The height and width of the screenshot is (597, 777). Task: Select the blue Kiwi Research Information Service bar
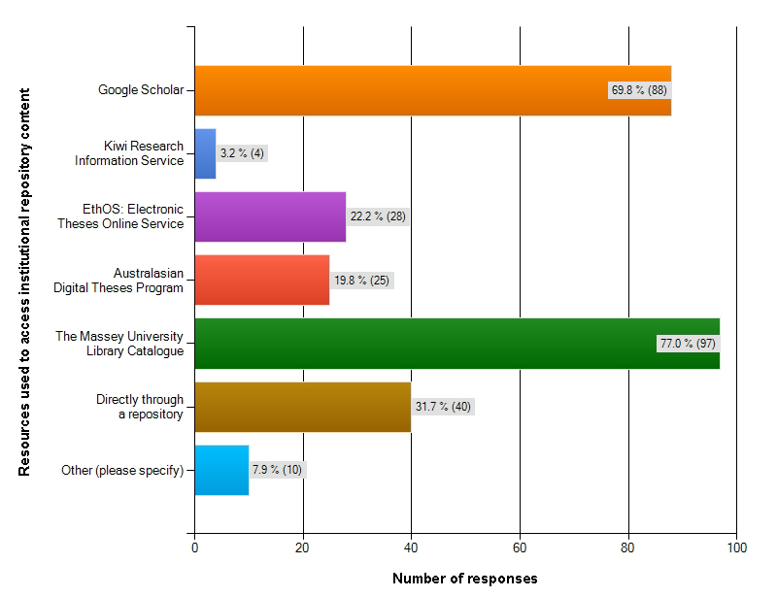click(205, 153)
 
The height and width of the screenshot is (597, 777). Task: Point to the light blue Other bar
click(221, 470)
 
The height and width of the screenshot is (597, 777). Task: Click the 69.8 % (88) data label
click(638, 90)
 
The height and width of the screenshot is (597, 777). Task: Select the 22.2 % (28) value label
click(378, 216)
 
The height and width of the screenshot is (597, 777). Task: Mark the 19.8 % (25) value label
click(364, 280)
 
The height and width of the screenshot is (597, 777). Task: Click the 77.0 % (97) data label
click(687, 344)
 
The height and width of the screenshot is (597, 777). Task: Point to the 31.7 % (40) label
click(443, 407)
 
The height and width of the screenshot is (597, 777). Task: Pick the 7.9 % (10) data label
click(277, 470)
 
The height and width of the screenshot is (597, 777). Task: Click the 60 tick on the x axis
click(520, 547)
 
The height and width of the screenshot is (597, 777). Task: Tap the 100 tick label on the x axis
click(735, 547)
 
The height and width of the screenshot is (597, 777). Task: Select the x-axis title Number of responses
click(464, 579)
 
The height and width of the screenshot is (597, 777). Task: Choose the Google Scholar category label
click(140, 90)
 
